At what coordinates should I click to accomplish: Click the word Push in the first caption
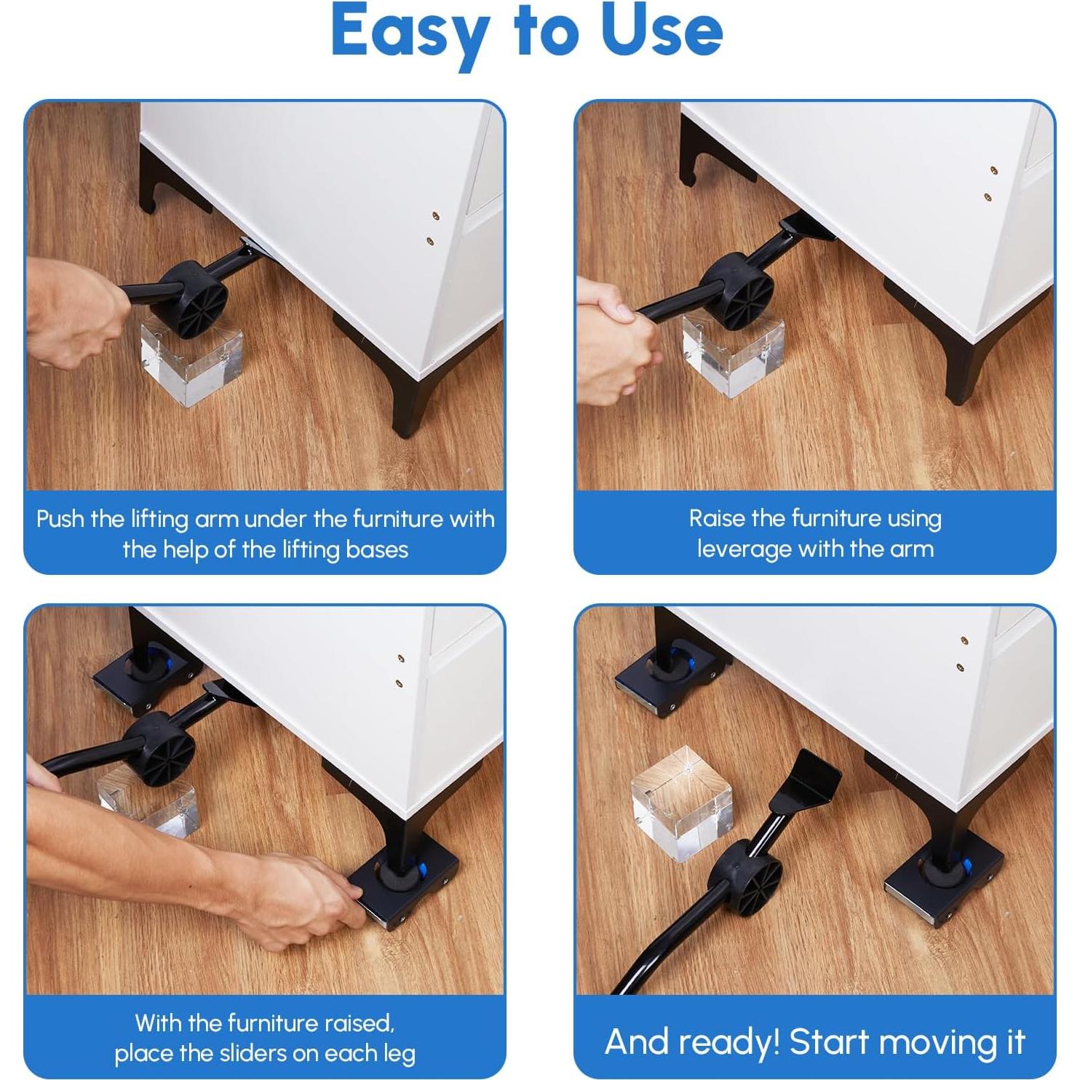[x=61, y=520]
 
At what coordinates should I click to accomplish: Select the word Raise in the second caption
[x=718, y=519]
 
